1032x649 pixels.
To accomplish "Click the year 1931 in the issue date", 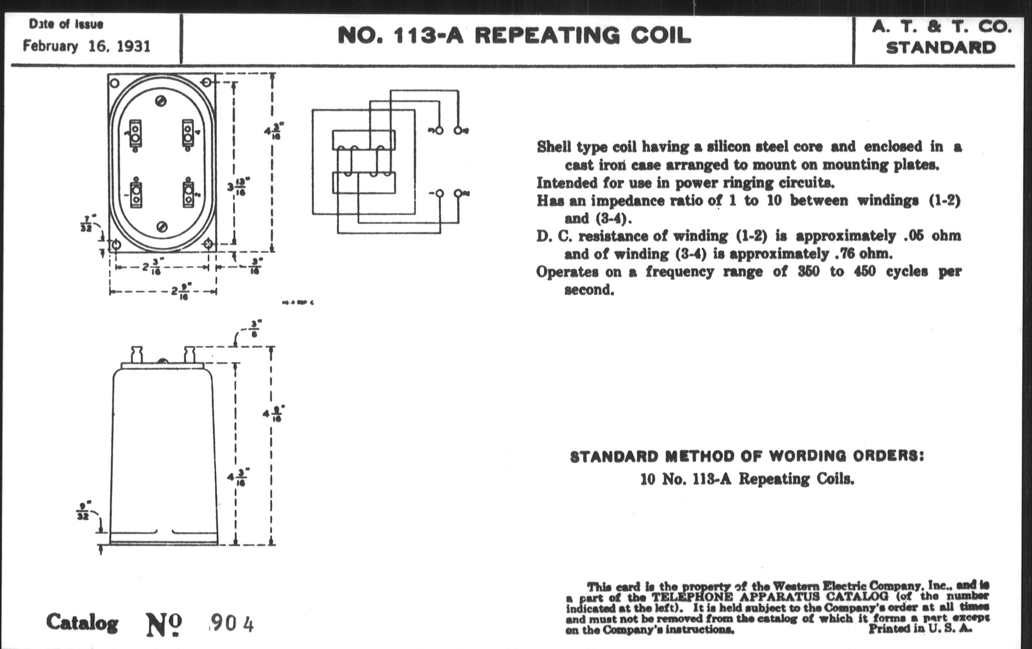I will coord(133,46).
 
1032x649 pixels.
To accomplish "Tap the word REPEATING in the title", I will coord(547,36).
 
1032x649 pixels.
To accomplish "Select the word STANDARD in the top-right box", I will coord(941,48).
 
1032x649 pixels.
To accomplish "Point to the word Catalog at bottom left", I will coord(82,622).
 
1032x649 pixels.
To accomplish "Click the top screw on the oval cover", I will coord(162,101).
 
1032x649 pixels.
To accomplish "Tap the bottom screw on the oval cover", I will coord(162,227).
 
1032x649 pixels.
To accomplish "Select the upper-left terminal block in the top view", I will coord(135,134).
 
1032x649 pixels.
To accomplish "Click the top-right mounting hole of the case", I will coord(206,82).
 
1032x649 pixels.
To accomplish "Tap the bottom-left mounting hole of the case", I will coord(115,246).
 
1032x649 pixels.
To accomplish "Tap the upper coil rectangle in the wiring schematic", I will coord(363,140).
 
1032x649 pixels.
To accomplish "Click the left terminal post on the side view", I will coord(137,355).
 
